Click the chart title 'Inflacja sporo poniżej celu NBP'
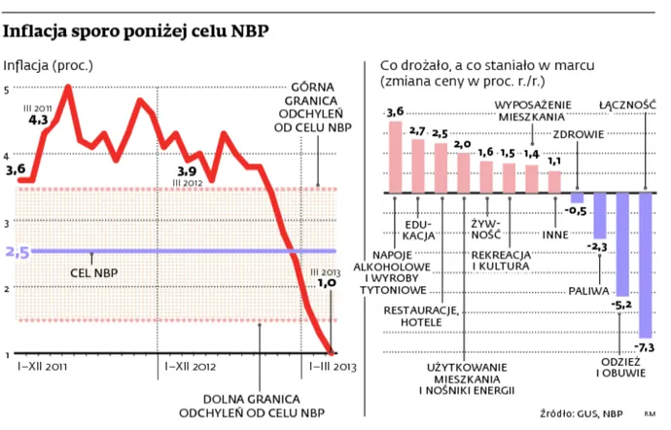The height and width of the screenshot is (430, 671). (x=136, y=31)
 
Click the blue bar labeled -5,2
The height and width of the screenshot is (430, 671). (x=622, y=243)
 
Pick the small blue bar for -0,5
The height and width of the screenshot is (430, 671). (x=577, y=197)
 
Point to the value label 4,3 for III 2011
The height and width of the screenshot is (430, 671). (x=38, y=121)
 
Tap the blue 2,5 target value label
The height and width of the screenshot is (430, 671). (x=18, y=252)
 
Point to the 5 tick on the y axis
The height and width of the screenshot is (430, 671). (x=9, y=90)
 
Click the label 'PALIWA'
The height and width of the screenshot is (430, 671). (x=587, y=289)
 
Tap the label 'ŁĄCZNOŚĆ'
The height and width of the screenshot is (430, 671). (x=628, y=104)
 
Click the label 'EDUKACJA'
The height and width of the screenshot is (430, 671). (x=417, y=229)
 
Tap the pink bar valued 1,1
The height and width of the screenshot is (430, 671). (x=554, y=181)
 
